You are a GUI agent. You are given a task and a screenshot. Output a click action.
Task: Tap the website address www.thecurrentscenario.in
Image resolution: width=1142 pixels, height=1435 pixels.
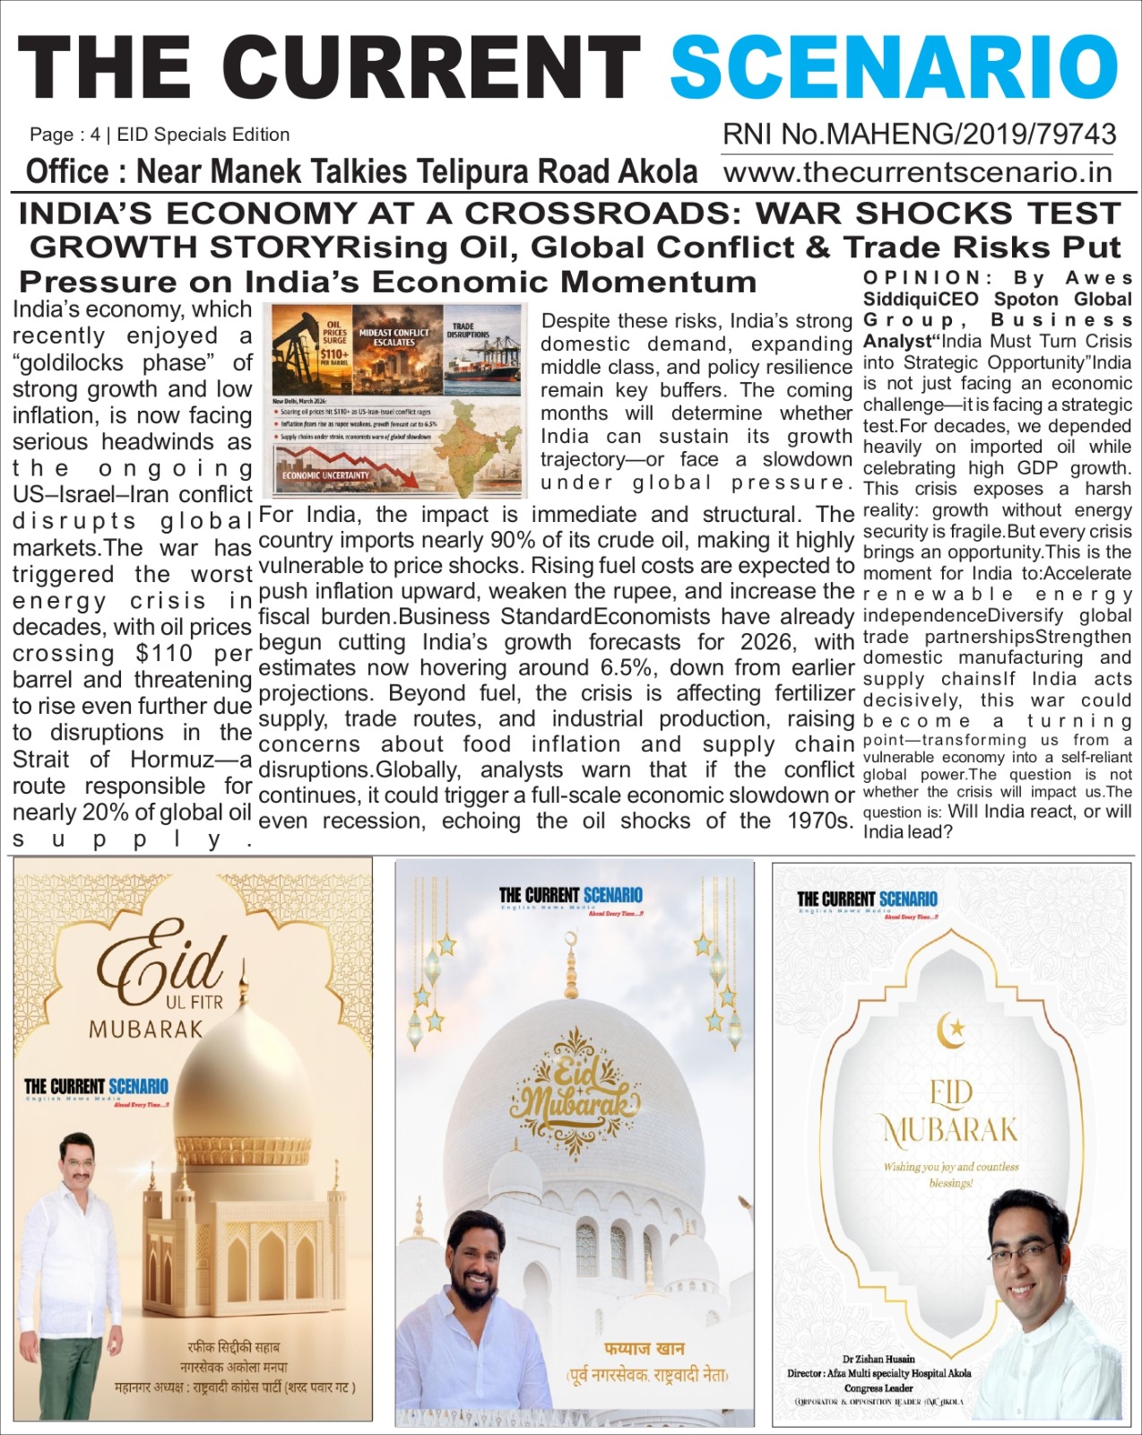point(918,171)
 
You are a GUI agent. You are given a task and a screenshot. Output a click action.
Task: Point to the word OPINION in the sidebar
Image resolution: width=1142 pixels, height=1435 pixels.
point(922,278)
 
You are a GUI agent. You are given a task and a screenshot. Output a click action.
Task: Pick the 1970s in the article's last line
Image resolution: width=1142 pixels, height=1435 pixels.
point(819,821)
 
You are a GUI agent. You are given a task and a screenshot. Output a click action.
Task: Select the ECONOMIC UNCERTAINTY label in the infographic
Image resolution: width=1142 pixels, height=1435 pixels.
point(326,475)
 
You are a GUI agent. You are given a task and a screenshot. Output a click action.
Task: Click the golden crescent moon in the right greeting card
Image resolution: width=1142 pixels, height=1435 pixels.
point(949,1030)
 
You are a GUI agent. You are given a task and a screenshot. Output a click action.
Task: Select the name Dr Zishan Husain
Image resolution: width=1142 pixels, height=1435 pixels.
point(878,1359)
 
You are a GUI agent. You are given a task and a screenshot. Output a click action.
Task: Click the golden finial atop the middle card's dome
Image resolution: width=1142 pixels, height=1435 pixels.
point(570,964)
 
